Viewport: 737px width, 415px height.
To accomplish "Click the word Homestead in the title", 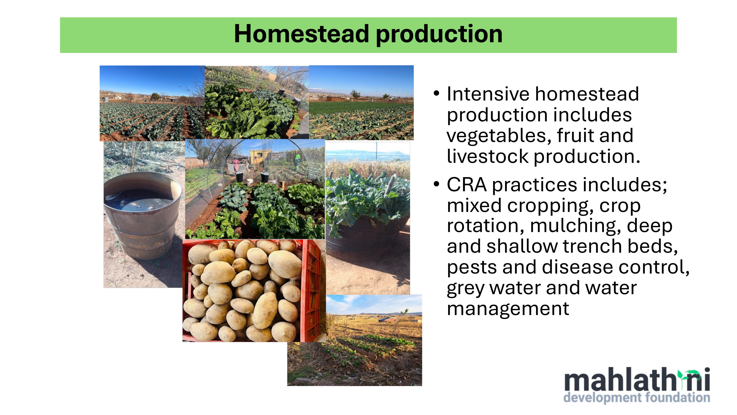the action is pos(302,34).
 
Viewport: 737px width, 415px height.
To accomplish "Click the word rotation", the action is pos(485,226).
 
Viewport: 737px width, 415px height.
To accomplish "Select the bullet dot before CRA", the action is pos(436,184).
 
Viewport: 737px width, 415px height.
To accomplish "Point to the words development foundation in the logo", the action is pos(637,398).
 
